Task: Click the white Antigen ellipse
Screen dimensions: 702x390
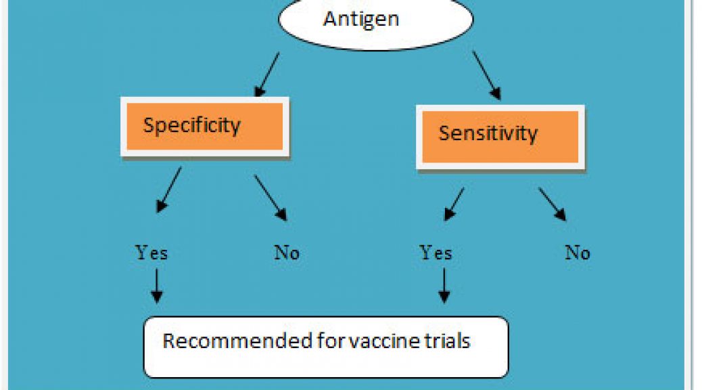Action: pyautogui.click(x=375, y=22)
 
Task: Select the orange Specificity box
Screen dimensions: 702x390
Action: pyautogui.click(x=205, y=127)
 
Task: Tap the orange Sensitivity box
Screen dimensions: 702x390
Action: pyautogui.click(x=500, y=137)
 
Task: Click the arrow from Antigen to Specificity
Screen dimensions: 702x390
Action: pyautogui.click(x=267, y=74)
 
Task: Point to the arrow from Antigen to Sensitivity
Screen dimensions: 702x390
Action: pyautogui.click(x=487, y=75)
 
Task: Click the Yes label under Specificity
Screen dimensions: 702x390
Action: pyautogui.click(x=151, y=253)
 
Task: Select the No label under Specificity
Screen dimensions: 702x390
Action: pyautogui.click(x=287, y=253)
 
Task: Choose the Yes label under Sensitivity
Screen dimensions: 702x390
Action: pyautogui.click(x=436, y=253)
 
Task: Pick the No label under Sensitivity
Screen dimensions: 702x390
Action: pyautogui.click(x=578, y=253)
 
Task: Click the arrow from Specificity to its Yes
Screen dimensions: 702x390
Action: pyautogui.click(x=169, y=190)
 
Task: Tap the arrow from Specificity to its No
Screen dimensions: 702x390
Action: pyautogui.click(x=271, y=198)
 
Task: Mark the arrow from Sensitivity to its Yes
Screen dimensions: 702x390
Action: pyautogui.click(x=454, y=204)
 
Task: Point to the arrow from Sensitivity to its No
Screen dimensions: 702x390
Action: pyautogui.click(x=553, y=204)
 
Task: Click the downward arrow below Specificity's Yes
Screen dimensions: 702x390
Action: pyautogui.click(x=157, y=286)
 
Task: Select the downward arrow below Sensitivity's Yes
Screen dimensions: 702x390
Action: pyautogui.click(x=444, y=286)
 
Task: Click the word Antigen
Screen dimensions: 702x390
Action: pyautogui.click(x=361, y=20)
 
